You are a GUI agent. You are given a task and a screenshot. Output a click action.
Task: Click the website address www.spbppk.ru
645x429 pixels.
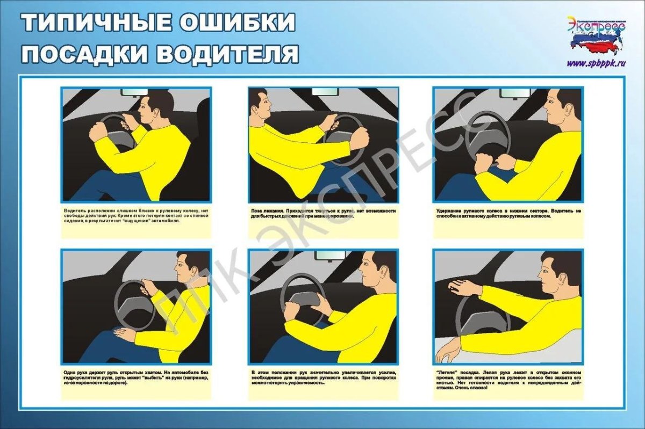click(x=597, y=63)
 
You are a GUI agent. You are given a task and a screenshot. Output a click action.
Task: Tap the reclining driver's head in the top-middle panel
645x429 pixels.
click(x=260, y=106)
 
